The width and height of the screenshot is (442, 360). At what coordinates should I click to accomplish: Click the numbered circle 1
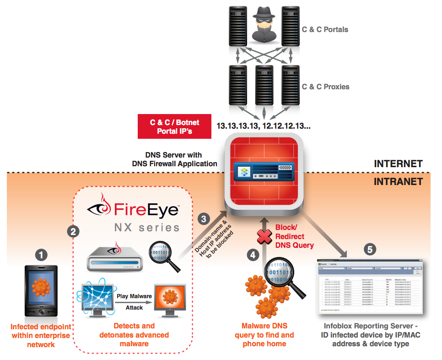pos(42,255)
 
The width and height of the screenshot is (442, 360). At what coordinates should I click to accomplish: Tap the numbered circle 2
pos(71,231)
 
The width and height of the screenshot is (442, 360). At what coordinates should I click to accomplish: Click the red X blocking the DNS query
pos(263,237)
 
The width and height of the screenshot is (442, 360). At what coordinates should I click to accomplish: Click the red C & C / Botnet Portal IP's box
pos(174,126)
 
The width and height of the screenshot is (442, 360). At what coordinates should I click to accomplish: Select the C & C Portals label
pos(325,30)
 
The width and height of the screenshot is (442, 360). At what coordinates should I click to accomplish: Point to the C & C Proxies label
pos(325,87)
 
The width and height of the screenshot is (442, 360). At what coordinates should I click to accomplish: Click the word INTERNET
pos(398,164)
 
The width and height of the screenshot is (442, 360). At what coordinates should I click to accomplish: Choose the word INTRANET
pos(398,181)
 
